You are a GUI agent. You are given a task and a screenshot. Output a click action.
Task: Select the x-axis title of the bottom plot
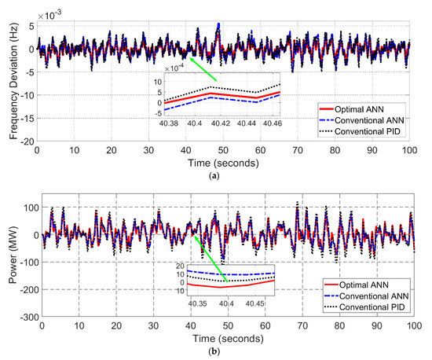pos(227,339)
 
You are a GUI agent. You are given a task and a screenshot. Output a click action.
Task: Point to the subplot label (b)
pos(226,352)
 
